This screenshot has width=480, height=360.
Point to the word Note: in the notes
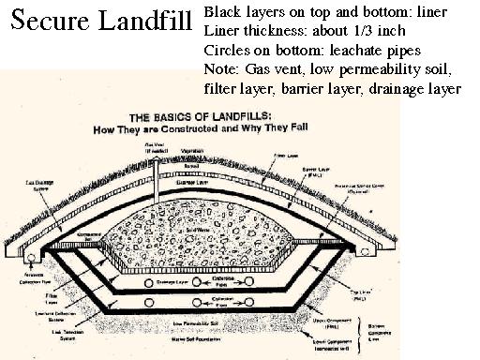click(221, 70)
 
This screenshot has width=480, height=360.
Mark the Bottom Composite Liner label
click(448, 323)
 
